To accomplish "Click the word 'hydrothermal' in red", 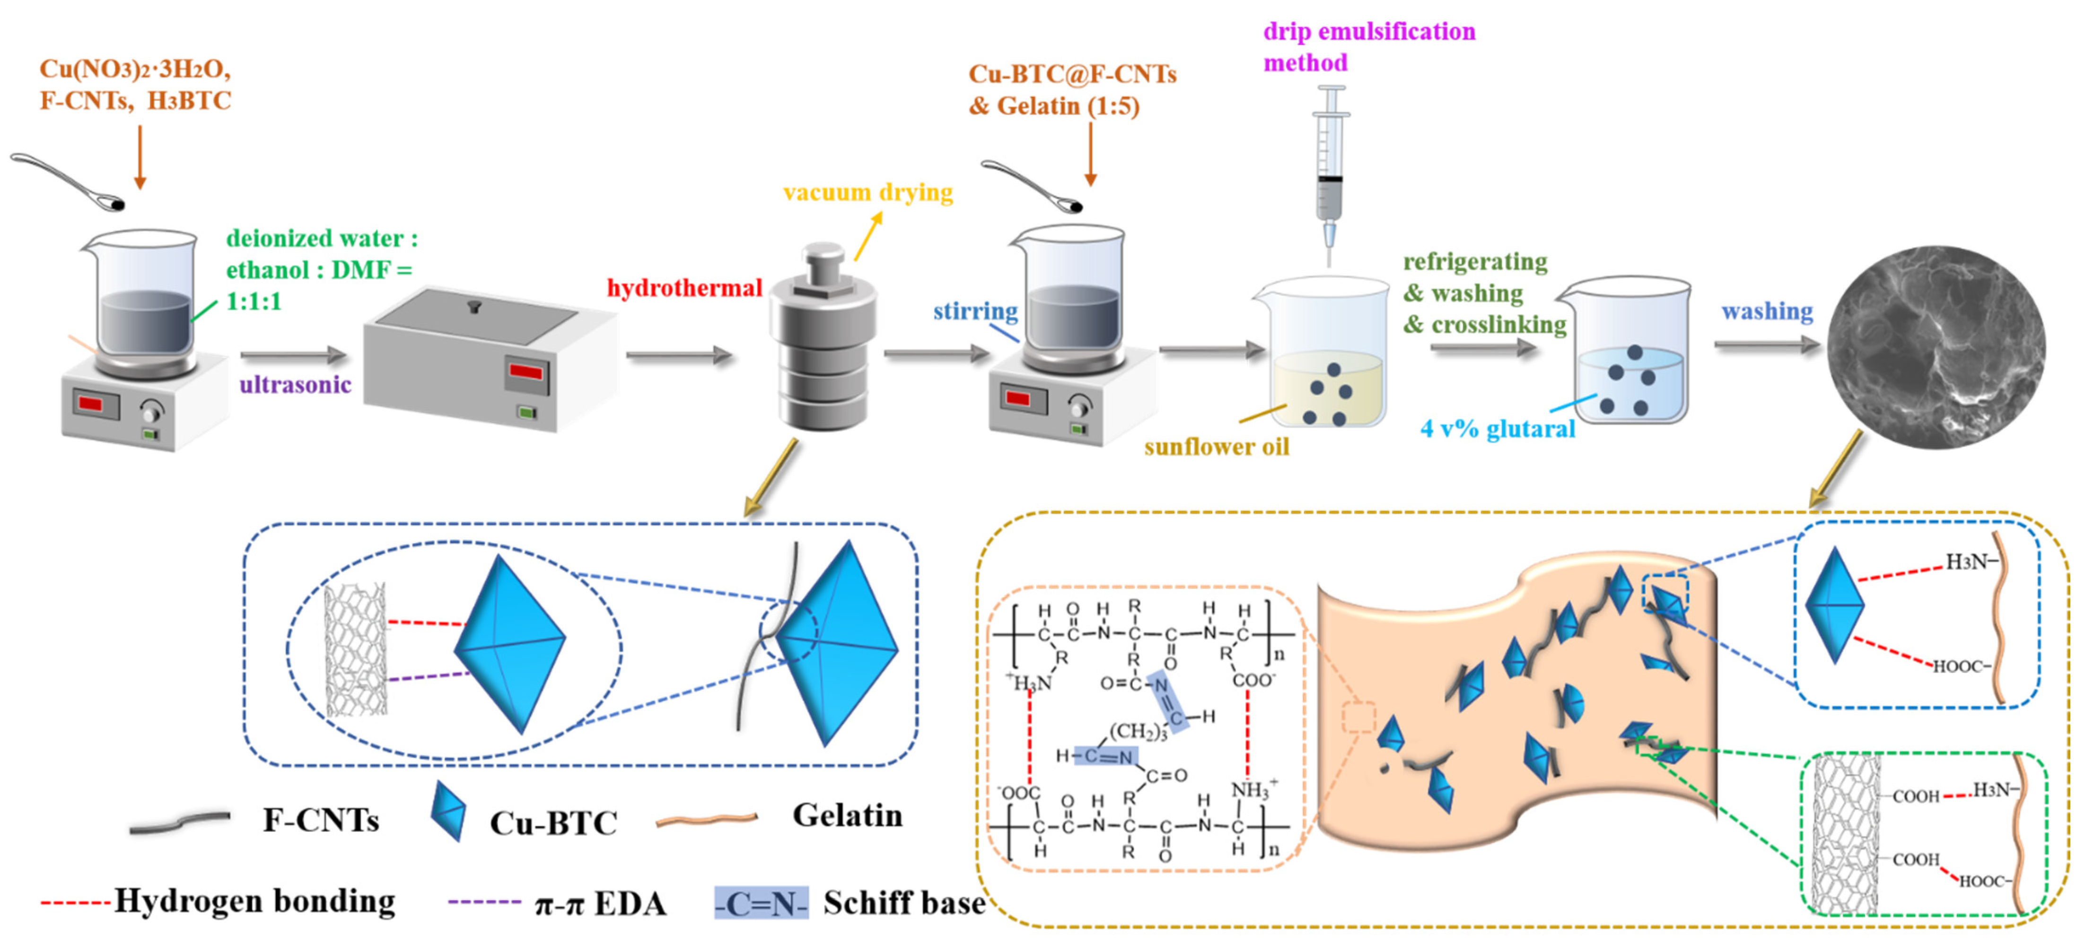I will click(x=684, y=288).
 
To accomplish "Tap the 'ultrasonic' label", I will click(x=296, y=384).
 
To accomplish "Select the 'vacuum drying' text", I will click(x=868, y=193).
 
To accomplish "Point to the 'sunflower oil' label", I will click(x=1216, y=447).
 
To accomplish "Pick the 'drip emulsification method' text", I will click(x=1368, y=47).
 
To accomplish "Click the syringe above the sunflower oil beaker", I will click(x=1330, y=170).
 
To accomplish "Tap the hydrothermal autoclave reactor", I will click(x=822, y=340).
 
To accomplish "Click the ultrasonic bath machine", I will click(x=486, y=356).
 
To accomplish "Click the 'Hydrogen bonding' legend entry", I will click(x=254, y=901).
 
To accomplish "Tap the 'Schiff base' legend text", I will click(x=904, y=902).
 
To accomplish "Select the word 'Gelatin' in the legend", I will click(x=847, y=815).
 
